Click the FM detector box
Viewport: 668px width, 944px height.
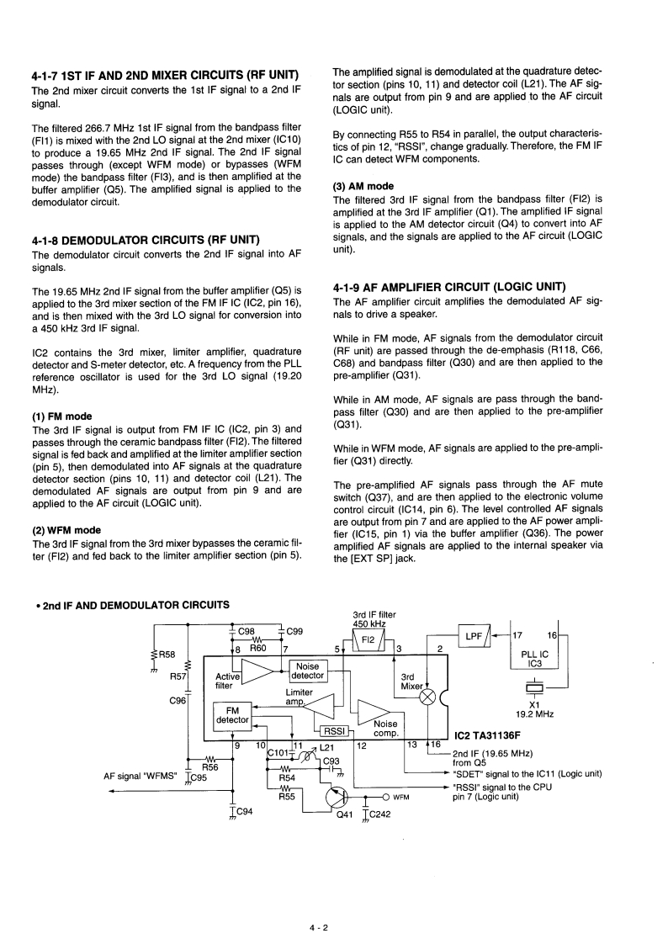pos(232,714)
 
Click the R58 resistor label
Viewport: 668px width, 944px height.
pos(167,654)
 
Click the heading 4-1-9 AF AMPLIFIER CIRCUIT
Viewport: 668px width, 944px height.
pos(448,286)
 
